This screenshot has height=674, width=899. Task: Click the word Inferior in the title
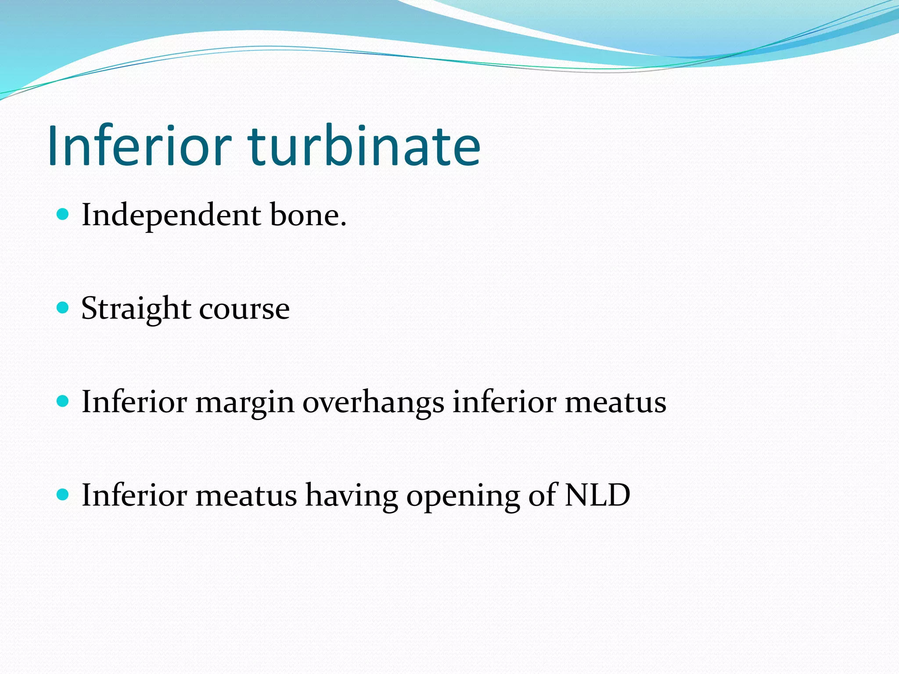(x=139, y=146)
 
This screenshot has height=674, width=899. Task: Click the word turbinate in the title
(x=364, y=146)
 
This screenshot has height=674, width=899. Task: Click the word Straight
(x=136, y=309)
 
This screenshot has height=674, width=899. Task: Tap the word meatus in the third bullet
(x=615, y=402)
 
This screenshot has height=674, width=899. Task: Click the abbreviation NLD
(x=597, y=495)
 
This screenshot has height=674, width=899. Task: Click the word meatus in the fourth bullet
(x=246, y=495)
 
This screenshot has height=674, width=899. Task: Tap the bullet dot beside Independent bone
(x=63, y=214)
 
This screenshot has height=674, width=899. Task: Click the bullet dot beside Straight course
(x=63, y=308)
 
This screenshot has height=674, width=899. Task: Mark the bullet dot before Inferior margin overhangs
(x=63, y=401)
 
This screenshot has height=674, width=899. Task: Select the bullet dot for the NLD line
(x=63, y=495)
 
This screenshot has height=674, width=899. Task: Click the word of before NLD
(x=543, y=495)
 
